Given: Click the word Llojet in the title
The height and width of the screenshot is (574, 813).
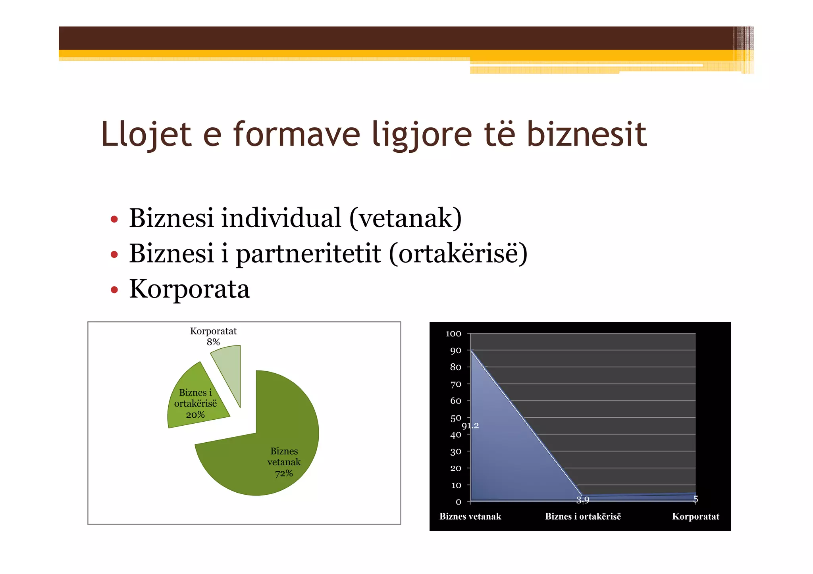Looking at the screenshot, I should point(146,134).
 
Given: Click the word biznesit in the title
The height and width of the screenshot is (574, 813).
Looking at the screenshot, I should point(586,134).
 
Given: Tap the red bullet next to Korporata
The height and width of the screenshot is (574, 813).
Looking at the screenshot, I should point(114,290).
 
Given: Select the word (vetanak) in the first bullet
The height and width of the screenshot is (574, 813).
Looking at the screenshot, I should point(405,218).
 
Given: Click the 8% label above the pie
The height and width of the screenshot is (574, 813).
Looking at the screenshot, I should point(213,342).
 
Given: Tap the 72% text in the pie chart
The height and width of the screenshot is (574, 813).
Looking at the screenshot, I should point(284,473).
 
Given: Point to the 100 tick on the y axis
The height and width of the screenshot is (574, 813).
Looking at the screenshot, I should point(453,334).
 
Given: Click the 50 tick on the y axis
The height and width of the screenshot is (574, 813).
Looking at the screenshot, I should point(456,418).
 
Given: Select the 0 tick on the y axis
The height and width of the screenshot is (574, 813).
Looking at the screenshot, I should point(459,502).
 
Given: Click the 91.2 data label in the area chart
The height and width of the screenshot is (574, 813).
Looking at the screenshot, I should point(470,426).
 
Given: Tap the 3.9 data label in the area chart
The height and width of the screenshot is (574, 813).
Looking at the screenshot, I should point(583,500).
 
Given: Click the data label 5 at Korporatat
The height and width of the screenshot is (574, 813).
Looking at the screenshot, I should point(695,499).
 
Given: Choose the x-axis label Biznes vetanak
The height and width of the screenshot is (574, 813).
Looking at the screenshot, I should point(470,516).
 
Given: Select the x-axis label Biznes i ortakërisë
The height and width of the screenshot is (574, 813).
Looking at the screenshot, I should point(583,516).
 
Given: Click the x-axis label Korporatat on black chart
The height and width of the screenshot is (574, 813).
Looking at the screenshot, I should point(695,516).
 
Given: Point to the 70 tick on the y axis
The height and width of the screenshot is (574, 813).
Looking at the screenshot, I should point(456,384).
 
